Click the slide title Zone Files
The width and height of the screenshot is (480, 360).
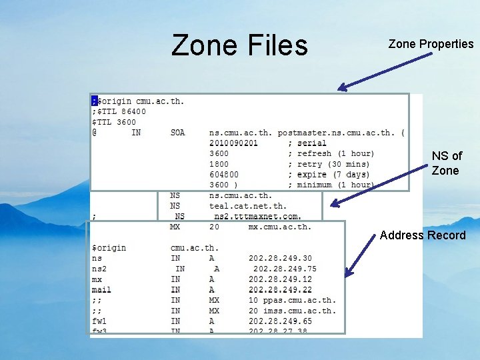(x=239, y=45)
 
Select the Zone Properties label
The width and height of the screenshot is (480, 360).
(x=431, y=44)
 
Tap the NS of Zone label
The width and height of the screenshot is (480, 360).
(x=446, y=163)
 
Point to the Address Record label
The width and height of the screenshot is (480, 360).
(x=423, y=235)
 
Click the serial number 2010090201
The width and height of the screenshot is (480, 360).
(x=233, y=143)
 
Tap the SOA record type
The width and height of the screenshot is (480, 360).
(x=177, y=133)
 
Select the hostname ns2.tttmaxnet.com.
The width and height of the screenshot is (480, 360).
(x=257, y=216)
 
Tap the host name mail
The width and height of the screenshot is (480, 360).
(x=101, y=290)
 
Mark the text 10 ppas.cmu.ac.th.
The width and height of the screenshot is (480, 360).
(x=293, y=300)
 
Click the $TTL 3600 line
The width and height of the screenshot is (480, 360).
(x=113, y=122)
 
